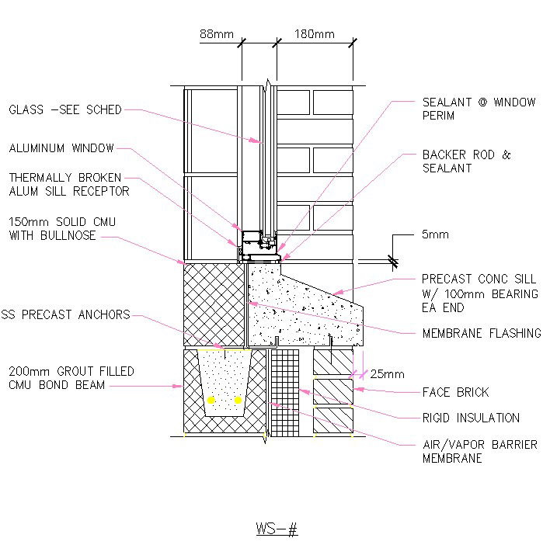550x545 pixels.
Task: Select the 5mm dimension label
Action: click(x=435, y=234)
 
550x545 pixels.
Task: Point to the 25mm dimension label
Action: click(x=387, y=373)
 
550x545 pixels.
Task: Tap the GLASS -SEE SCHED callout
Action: click(x=65, y=110)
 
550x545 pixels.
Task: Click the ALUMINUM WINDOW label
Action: click(x=61, y=148)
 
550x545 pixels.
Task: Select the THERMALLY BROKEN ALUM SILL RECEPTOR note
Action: click(x=69, y=184)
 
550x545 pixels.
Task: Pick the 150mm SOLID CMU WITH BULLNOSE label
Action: click(x=63, y=228)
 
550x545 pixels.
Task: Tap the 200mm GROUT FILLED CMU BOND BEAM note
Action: click(x=71, y=378)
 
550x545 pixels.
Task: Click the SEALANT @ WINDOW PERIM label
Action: click(x=479, y=109)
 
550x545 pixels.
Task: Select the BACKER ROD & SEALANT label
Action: click(x=466, y=161)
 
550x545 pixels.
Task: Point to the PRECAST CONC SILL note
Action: click(x=479, y=293)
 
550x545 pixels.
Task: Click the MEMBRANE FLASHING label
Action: click(x=481, y=333)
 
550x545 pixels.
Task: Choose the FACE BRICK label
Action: click(x=455, y=392)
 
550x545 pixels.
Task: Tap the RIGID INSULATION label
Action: click(x=471, y=418)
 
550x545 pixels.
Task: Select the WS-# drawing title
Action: click(x=277, y=529)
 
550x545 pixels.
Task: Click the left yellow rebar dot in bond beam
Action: click(x=211, y=400)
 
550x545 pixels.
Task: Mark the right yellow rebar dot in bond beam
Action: click(x=238, y=400)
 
